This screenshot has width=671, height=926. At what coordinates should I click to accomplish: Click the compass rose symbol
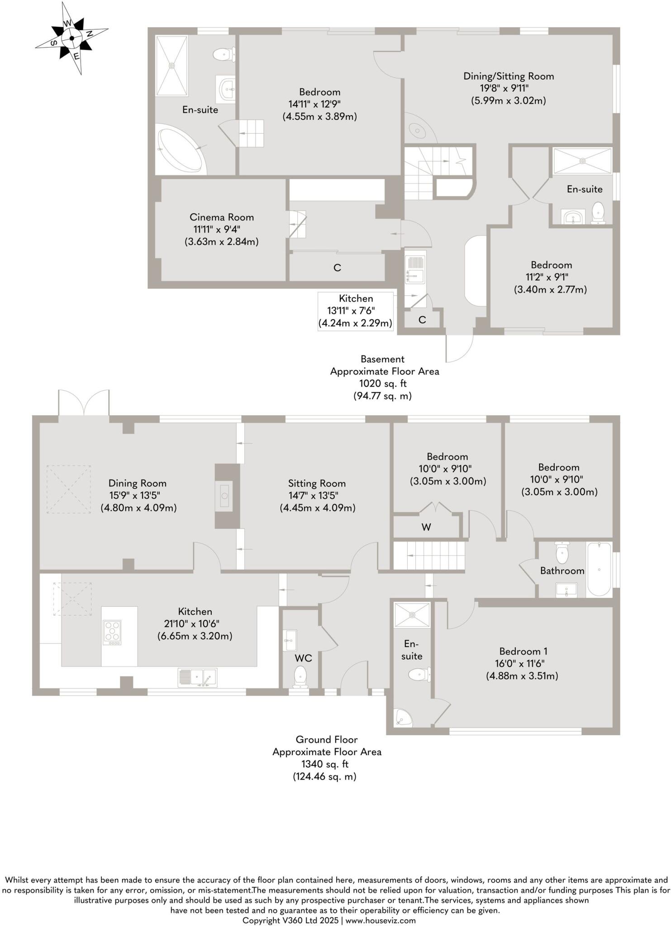(71, 38)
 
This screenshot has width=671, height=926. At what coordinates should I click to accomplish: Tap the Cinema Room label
(221, 217)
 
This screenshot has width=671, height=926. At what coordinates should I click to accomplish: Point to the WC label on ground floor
(303, 658)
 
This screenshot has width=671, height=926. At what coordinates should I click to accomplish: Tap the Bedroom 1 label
(523, 652)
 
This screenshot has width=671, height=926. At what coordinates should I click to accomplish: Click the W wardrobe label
(426, 527)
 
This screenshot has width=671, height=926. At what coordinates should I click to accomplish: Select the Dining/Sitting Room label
(509, 76)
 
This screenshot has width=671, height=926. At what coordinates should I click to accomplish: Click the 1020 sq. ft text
(383, 383)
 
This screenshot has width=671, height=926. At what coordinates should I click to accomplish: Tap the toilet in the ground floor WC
(300, 676)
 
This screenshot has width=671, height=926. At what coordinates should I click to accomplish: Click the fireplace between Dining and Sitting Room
(226, 496)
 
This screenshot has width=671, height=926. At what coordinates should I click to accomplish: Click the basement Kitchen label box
(356, 311)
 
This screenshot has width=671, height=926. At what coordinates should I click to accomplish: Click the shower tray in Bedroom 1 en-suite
(412, 615)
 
